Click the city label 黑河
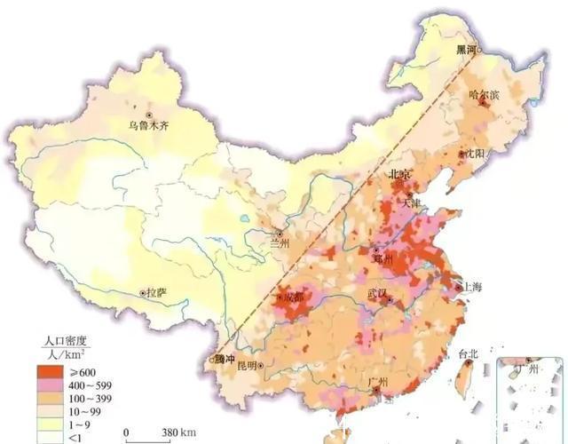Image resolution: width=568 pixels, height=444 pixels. pos(466,51)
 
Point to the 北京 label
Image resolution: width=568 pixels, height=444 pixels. pos(401,174)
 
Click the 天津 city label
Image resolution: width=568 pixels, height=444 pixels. pos(413,203)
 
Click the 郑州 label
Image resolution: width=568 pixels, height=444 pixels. pos(383,259)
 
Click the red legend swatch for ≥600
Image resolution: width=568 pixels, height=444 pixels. pos(51,371)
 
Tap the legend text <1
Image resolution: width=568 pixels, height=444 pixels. pos(75,435)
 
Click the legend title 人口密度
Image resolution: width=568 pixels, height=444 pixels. pos(69,340)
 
